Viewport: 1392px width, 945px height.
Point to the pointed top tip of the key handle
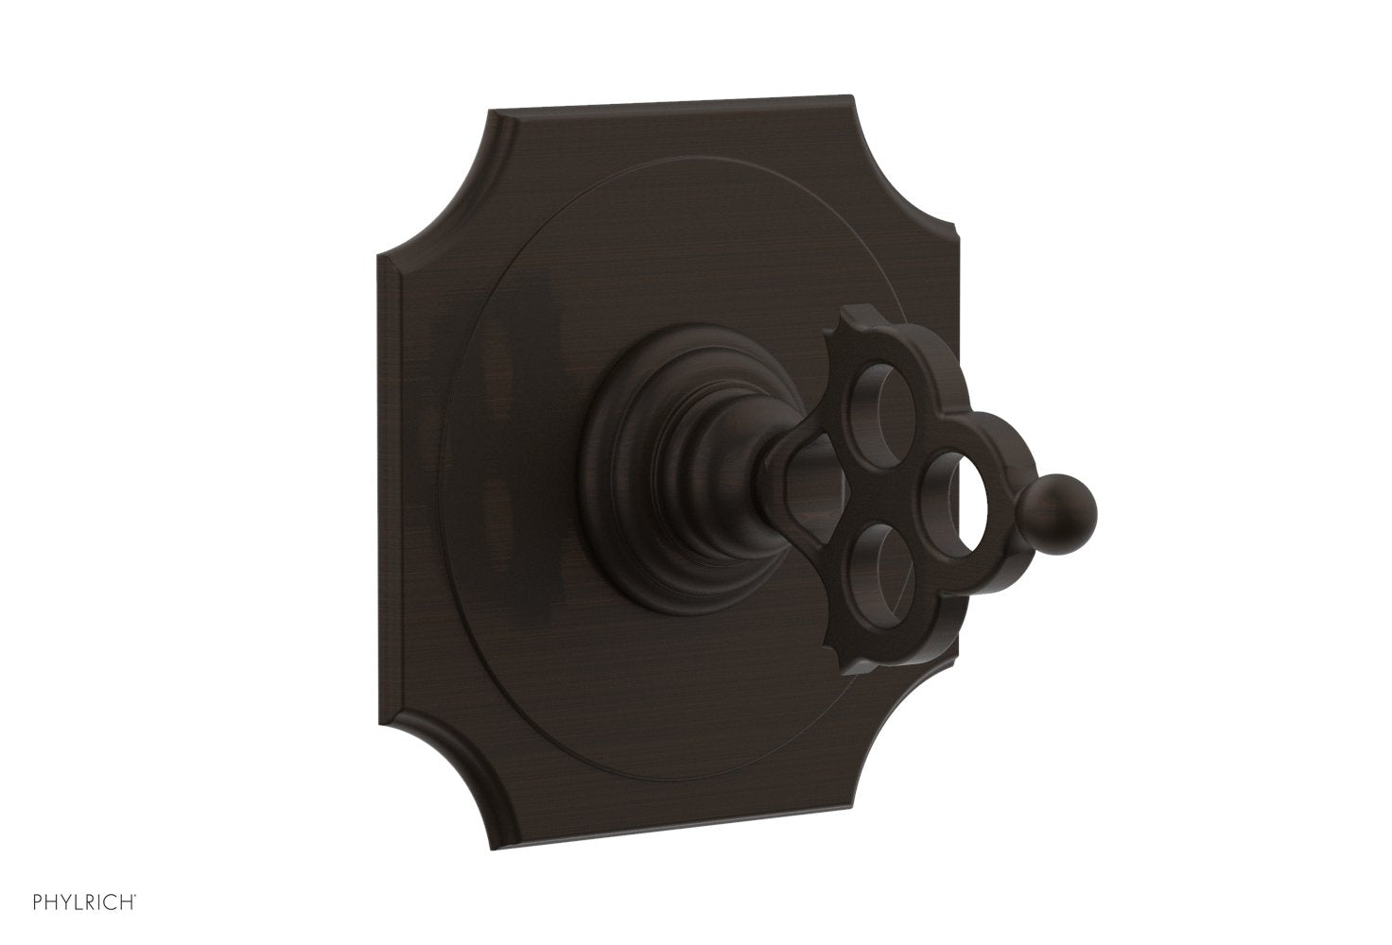(x=841, y=334)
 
